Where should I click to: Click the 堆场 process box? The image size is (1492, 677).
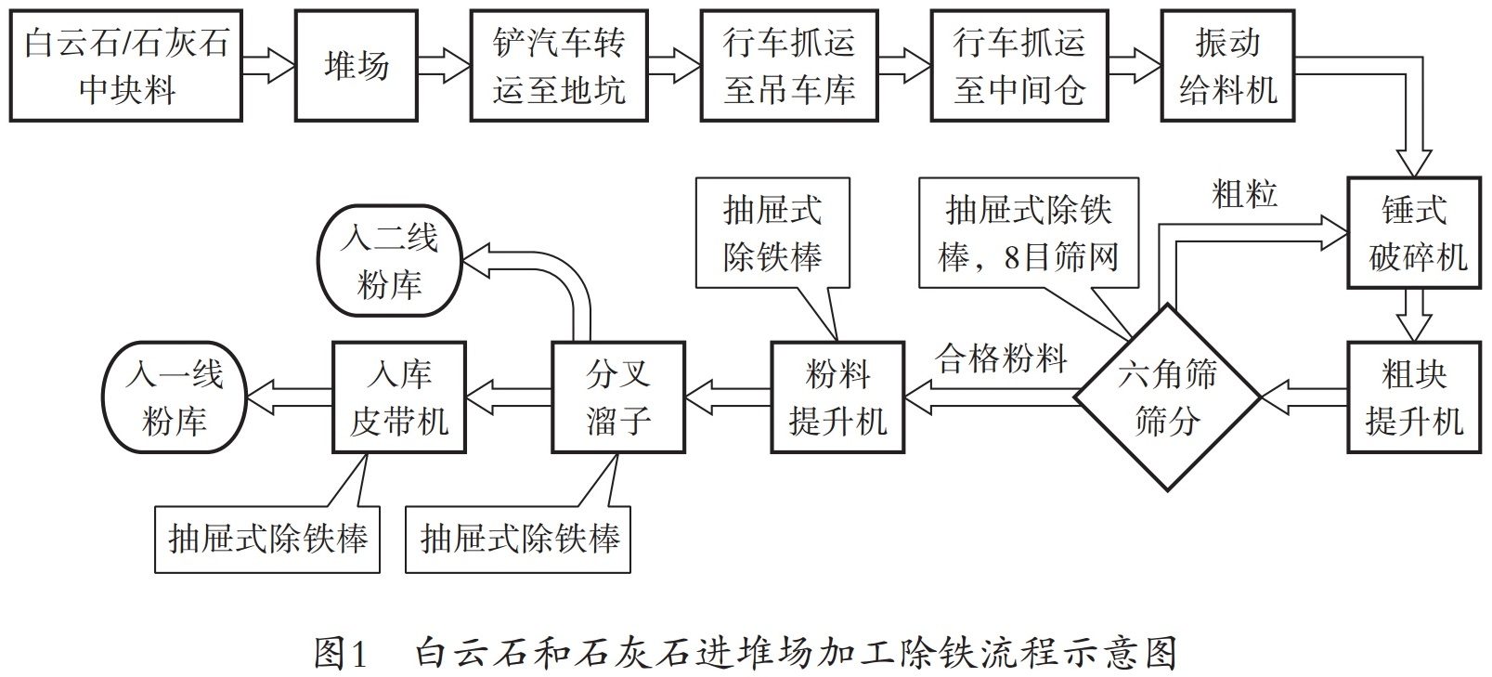pos(356,66)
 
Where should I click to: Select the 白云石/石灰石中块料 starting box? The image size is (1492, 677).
pos(126,66)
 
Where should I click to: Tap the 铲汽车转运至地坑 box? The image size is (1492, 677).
pos(558,66)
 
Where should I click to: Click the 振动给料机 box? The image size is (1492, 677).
pos(1227,66)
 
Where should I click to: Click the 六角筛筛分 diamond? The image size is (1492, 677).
pos(1167,397)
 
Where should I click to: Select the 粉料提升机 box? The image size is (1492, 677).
pos(837,397)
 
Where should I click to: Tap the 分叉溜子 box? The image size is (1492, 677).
pos(617,397)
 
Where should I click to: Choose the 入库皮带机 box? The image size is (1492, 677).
pos(399,397)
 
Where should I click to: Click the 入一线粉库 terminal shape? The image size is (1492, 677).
pos(175,397)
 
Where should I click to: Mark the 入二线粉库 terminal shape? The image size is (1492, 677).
pos(389,261)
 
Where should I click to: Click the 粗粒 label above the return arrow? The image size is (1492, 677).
pos(1244,193)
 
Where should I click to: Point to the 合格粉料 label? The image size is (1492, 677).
pos(1001,358)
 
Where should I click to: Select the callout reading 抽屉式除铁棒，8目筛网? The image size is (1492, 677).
pos(1028,232)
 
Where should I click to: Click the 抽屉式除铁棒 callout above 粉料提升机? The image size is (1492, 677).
pos(772,232)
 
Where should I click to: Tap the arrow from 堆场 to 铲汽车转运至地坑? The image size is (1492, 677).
pos(443,66)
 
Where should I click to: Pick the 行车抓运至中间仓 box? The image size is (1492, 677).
pos(1018,66)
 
